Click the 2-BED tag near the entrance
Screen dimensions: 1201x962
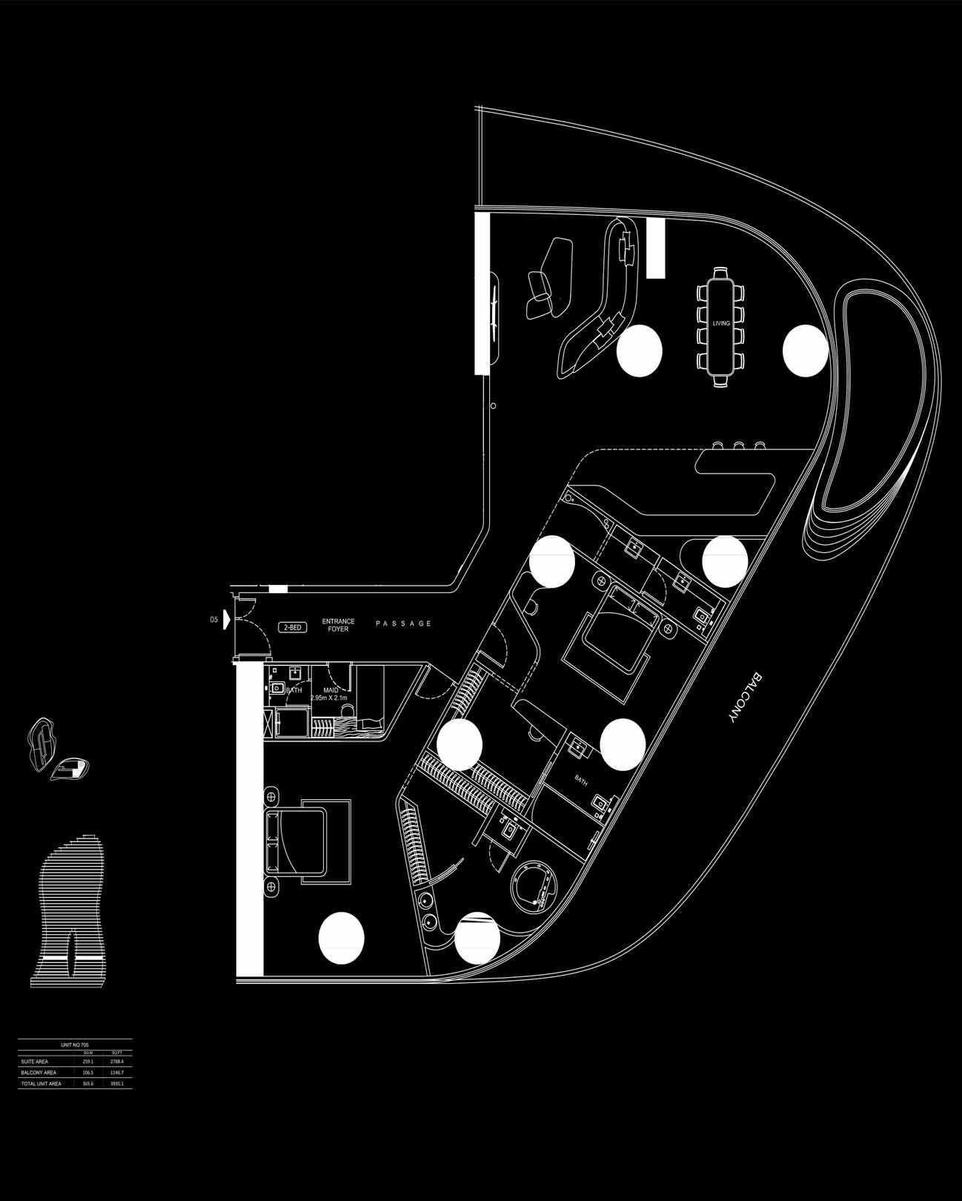[293, 627]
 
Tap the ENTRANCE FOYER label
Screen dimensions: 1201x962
[338, 625]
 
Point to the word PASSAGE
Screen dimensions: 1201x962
[403, 623]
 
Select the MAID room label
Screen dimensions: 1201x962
[331, 690]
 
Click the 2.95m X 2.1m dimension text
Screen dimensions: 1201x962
[329, 698]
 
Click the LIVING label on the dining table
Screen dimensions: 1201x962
[720, 323]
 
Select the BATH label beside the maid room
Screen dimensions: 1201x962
[293, 690]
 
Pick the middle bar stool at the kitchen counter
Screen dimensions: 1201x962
[739, 445]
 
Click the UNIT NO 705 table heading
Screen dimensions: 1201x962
[75, 1045]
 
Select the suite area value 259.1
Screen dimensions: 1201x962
[87, 1062]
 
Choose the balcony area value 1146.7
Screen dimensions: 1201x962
[116, 1073]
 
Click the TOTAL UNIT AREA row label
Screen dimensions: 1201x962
[42, 1084]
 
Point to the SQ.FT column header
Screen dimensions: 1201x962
[116, 1053]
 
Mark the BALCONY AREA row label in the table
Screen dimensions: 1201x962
[39, 1073]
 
